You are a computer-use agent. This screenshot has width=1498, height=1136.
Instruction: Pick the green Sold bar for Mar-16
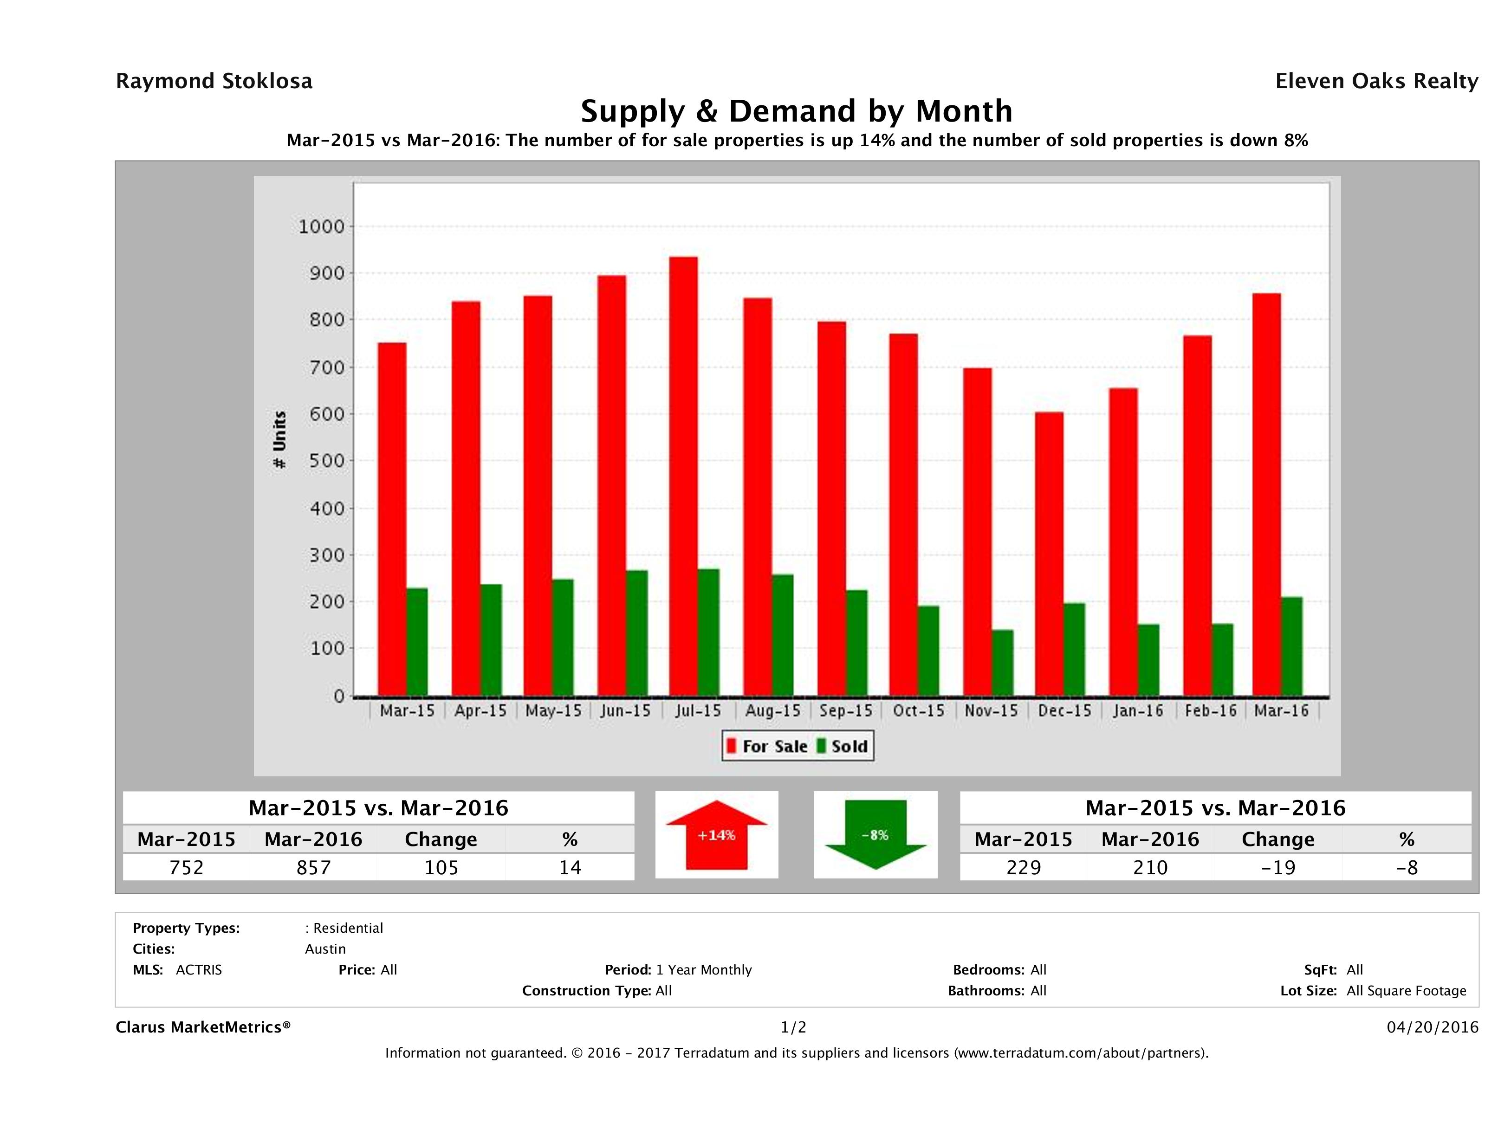click(x=1291, y=646)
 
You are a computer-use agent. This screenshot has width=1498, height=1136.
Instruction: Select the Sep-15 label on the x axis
click(x=846, y=711)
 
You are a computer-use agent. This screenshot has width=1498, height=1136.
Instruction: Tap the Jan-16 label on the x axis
click(x=1138, y=711)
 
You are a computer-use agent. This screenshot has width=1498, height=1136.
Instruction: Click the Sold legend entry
click(x=843, y=746)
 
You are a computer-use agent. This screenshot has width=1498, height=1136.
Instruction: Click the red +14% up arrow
click(x=716, y=835)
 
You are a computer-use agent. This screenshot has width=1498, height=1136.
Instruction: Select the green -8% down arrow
click(x=875, y=835)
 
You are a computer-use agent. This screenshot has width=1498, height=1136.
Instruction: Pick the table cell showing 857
click(x=313, y=867)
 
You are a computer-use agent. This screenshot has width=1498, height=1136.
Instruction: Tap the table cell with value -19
click(x=1278, y=867)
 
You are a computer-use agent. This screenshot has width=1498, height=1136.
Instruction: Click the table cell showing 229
click(x=1023, y=867)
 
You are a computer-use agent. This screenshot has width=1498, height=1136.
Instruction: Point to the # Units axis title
click(x=279, y=440)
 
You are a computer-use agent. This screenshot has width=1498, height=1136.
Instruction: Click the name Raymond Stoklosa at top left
click(x=214, y=81)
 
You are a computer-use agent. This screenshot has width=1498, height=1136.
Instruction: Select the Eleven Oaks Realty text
click(x=1376, y=81)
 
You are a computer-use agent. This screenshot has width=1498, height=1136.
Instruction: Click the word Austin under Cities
click(x=325, y=949)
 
